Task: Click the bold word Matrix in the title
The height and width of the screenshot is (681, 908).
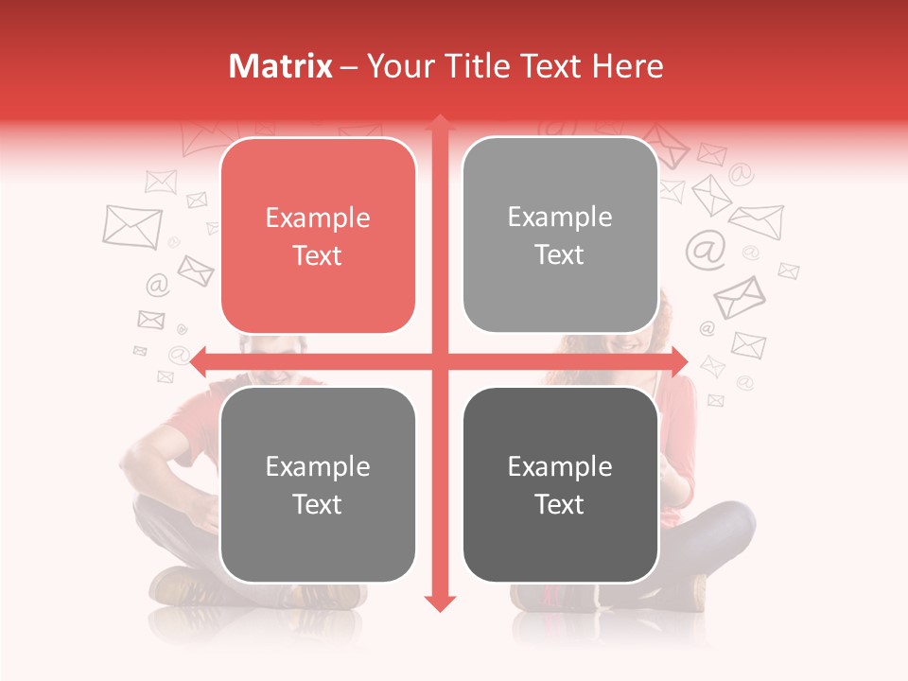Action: pyautogui.click(x=281, y=66)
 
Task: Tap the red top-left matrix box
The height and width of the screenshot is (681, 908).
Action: pyautogui.click(x=318, y=236)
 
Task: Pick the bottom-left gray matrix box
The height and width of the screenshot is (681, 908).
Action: pyautogui.click(x=318, y=484)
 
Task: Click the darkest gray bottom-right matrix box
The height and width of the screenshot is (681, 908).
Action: pyautogui.click(x=560, y=484)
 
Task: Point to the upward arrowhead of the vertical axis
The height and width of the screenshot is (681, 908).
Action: pyautogui.click(x=439, y=123)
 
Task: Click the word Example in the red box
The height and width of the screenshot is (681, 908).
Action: pyautogui.click(x=318, y=218)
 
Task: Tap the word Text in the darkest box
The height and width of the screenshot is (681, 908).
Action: pyautogui.click(x=560, y=504)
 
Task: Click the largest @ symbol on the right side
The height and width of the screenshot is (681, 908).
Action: pyautogui.click(x=706, y=250)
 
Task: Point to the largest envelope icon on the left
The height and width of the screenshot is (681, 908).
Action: pyautogui.click(x=131, y=227)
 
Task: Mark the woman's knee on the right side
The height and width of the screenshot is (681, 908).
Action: pyautogui.click(x=733, y=520)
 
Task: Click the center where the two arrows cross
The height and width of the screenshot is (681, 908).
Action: pyautogui.click(x=439, y=361)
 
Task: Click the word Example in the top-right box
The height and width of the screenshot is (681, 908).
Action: pyautogui.click(x=560, y=218)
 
